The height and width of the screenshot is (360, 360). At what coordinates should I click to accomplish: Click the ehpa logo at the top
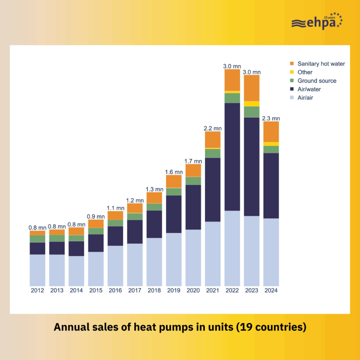click(x=316, y=22)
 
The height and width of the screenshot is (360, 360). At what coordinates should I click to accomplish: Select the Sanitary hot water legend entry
click(x=321, y=64)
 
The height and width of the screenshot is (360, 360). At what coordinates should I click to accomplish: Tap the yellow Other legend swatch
click(x=292, y=72)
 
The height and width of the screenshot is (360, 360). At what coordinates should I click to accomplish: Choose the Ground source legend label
click(x=317, y=81)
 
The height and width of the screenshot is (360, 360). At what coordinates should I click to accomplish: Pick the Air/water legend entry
click(x=309, y=89)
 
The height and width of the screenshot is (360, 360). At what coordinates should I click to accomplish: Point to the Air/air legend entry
click(x=305, y=97)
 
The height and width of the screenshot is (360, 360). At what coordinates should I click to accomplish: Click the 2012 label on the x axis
click(x=37, y=290)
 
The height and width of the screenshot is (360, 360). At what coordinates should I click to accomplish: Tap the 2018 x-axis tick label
click(x=154, y=290)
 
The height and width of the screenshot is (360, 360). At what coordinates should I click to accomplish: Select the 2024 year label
click(x=271, y=290)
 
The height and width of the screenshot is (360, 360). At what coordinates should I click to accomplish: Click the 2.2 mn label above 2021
click(x=213, y=128)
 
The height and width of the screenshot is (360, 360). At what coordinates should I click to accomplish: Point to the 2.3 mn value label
click(x=271, y=118)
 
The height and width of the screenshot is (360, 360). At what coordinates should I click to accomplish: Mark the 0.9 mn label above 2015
click(x=96, y=216)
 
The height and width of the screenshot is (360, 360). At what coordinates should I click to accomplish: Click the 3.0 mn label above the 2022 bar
click(x=232, y=66)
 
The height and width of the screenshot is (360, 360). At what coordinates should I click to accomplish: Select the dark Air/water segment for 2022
click(x=232, y=156)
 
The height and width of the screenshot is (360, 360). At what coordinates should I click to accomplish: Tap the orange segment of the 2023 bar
click(x=252, y=88)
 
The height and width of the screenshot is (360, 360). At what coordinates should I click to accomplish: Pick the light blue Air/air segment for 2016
click(x=115, y=265)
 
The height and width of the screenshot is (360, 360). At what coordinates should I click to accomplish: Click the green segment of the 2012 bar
click(x=37, y=239)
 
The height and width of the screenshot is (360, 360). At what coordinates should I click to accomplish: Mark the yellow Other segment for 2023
click(x=252, y=104)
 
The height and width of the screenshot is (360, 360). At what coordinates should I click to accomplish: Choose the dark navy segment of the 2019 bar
click(x=174, y=214)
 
